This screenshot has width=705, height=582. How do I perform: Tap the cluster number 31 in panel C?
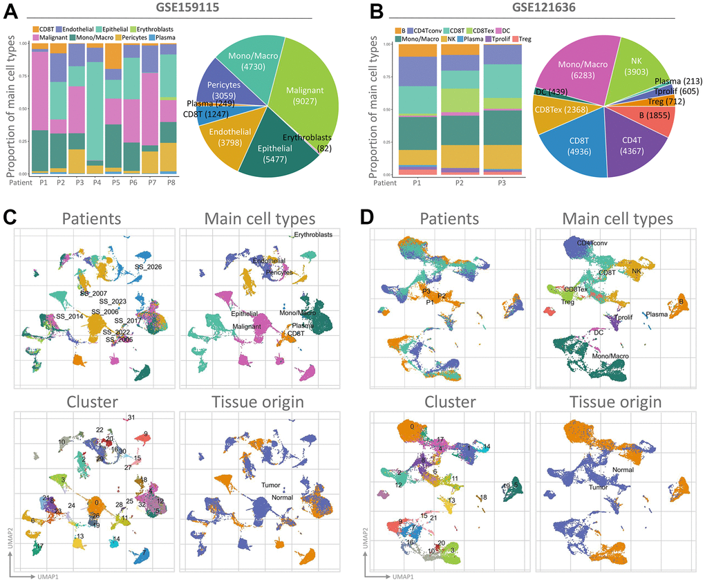pos(131,417)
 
